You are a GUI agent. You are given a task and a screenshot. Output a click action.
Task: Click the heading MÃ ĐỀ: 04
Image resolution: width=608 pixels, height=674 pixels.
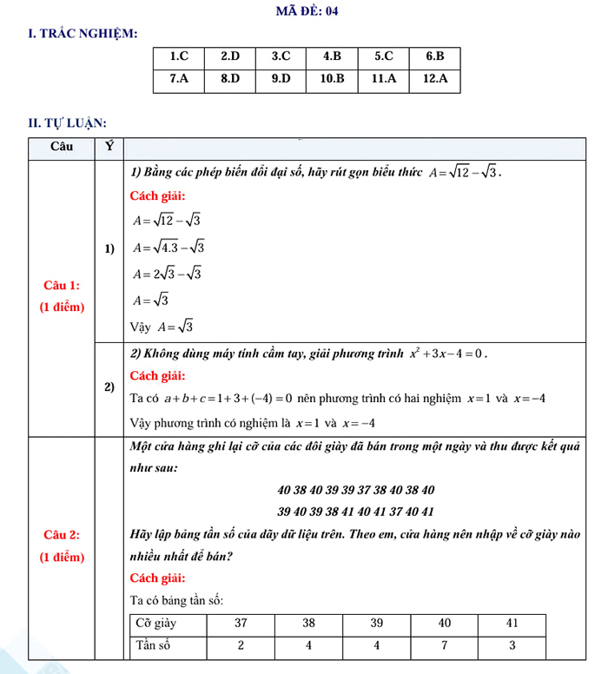tap(307, 11)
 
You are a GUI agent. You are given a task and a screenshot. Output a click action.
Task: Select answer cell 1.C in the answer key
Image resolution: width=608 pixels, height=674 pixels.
tap(179, 56)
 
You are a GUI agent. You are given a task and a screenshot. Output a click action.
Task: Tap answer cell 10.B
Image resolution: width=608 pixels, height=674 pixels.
tap(332, 79)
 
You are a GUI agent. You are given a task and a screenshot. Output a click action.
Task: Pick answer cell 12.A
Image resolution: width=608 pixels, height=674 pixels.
tap(434, 79)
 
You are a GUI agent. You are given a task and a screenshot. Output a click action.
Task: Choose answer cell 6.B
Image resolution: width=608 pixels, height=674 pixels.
tap(434, 56)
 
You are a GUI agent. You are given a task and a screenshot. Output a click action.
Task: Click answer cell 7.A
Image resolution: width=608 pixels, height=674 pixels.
tap(179, 79)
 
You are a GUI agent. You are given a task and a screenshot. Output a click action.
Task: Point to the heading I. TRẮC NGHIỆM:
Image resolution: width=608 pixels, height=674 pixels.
tap(83, 34)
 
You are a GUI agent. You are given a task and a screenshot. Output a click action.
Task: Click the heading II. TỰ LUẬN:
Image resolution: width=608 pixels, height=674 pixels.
tap(67, 123)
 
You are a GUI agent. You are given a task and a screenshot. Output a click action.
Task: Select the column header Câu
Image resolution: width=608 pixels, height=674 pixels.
tap(62, 146)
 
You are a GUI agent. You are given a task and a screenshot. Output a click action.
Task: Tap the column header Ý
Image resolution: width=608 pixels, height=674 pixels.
tap(109, 146)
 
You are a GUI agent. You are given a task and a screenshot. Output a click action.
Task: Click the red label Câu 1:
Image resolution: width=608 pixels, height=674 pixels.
tap(62, 285)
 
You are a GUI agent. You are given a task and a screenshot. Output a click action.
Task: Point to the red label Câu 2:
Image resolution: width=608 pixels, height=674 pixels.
tap(62, 535)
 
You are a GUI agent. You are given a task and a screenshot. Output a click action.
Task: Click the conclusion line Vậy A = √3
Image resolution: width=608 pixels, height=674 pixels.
tap(162, 327)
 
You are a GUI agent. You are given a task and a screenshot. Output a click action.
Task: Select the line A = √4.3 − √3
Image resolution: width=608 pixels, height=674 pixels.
tap(169, 248)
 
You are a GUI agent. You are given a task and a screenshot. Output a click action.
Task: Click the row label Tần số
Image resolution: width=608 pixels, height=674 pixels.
tap(153, 645)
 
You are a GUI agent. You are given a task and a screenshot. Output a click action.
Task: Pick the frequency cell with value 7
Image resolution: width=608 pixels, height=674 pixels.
tap(445, 645)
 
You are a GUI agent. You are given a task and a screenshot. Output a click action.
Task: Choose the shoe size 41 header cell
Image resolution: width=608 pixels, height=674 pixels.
tap(512, 623)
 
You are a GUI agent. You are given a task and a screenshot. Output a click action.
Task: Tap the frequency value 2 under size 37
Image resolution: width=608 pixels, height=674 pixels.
tap(241, 645)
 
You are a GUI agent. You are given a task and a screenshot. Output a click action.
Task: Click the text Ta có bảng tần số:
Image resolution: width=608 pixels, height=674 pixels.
tap(177, 600)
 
